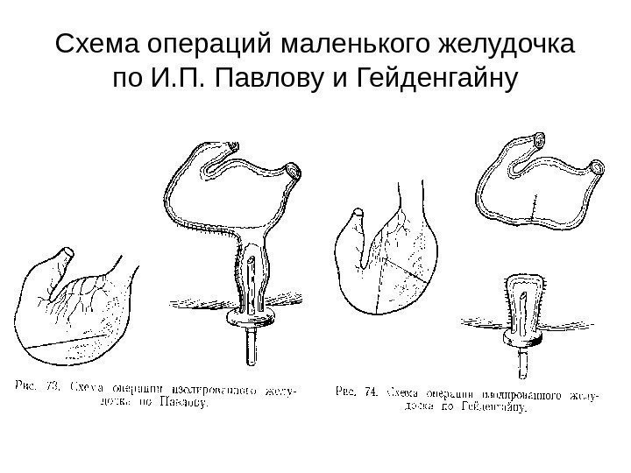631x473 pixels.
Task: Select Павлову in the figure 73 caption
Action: pos(182,405)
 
